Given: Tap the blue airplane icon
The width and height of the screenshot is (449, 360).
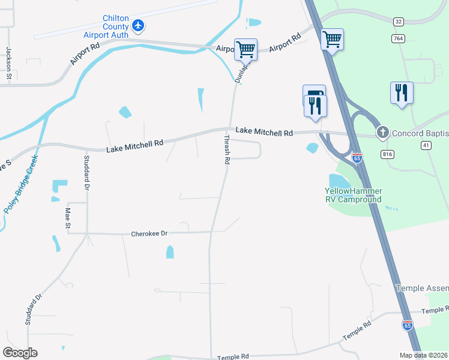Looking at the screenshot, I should [139, 25].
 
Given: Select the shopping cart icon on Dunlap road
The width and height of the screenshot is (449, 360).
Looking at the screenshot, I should [246, 49].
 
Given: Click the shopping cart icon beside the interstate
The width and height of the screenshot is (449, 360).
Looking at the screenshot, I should [333, 40].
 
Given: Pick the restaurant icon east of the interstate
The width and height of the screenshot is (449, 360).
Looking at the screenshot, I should [402, 92].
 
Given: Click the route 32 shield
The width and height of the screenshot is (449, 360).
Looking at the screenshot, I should [399, 21].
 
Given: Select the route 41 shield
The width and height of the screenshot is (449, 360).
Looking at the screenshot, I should [426, 145].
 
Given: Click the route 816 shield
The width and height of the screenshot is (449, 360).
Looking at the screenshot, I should [387, 154].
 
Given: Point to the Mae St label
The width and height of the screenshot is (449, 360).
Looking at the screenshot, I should [68, 217].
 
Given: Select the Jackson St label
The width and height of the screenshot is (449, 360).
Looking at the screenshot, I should [9, 63].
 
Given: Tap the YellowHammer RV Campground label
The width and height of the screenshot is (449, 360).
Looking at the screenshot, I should [354, 195].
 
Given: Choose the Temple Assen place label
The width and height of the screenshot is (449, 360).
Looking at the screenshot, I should [422, 289].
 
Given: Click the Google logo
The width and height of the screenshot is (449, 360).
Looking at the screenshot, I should [20, 353].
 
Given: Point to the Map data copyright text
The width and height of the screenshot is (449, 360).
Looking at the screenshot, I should [423, 355].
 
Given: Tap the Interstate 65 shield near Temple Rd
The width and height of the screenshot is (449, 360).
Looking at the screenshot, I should [408, 325].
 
